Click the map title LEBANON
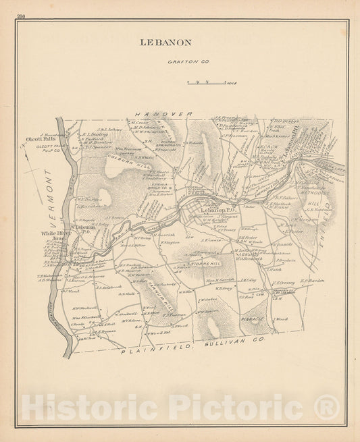[165, 43]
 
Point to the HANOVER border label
[163, 115]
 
